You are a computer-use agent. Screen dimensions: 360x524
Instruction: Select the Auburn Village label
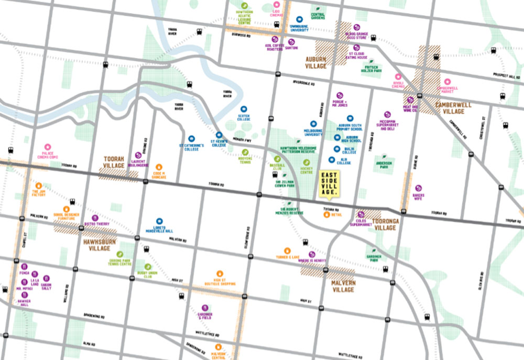pos(316,63)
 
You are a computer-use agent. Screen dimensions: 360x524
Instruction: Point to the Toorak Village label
pos(114,162)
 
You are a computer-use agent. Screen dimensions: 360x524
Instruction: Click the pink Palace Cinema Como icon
pos(48,147)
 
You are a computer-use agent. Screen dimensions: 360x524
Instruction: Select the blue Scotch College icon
pos(244,110)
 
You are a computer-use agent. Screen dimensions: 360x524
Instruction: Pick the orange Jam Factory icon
pos(38,185)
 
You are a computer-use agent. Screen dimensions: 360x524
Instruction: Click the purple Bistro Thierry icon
pos(95,217)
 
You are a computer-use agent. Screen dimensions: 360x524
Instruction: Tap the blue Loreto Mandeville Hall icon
pos(160,221)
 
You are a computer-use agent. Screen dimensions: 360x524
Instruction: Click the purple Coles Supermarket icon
pos(361,214)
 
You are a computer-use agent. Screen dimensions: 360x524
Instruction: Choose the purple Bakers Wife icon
pos(418,188)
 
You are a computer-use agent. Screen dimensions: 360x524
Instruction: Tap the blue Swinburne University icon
pos(299,19)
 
